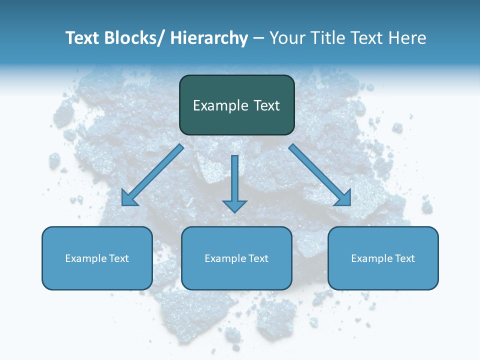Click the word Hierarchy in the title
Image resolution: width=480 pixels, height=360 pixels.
coord(209,38)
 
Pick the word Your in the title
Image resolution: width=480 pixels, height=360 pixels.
coord(286,38)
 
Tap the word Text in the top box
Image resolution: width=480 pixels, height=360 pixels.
coord(265,105)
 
